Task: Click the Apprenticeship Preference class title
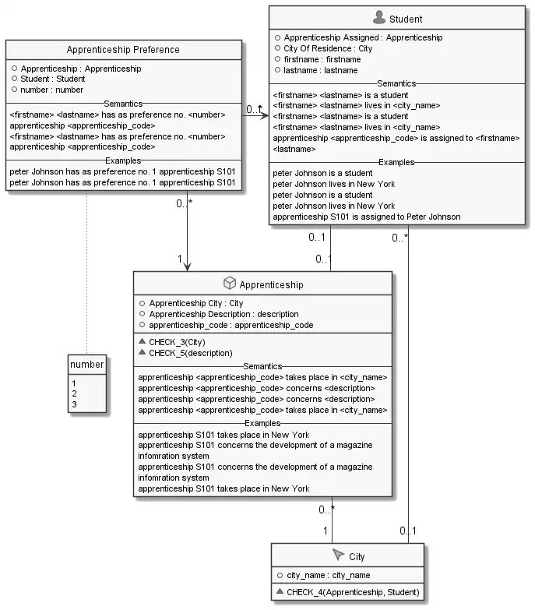pyautogui.click(x=123, y=50)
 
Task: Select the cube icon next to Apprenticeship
pyautogui.click(x=228, y=284)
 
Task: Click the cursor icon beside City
pyautogui.click(x=337, y=555)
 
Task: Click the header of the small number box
pyautogui.click(x=86, y=365)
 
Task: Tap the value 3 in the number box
pyautogui.click(x=73, y=404)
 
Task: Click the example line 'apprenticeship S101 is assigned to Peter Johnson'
pyautogui.click(x=366, y=217)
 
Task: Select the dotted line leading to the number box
pyautogui.click(x=86, y=273)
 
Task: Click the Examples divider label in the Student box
pyautogui.click(x=396, y=161)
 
